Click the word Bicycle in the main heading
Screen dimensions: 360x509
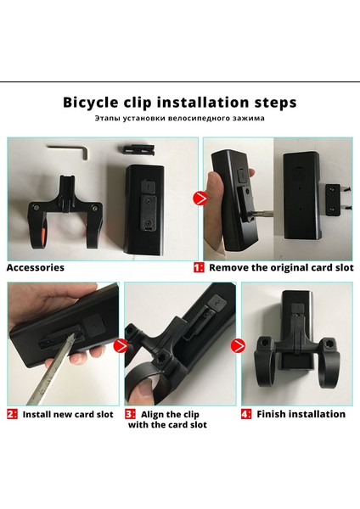(x=91, y=103)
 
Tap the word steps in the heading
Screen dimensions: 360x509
(x=276, y=103)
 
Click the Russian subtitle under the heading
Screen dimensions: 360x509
(x=180, y=118)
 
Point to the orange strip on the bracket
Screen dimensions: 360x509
(x=43, y=237)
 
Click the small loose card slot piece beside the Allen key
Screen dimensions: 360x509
(x=136, y=149)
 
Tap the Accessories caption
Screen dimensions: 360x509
(x=36, y=267)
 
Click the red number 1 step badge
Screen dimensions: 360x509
(x=199, y=267)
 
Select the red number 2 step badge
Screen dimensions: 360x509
(x=13, y=414)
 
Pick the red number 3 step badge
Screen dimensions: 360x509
(x=130, y=414)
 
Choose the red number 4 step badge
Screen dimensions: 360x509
(x=246, y=414)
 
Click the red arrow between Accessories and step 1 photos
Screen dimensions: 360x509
(x=200, y=199)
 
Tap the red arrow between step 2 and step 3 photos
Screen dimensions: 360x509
(x=121, y=345)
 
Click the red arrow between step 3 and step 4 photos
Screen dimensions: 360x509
(x=238, y=345)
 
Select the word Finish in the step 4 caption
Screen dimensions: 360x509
(x=272, y=414)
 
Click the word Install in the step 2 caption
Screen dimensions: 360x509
(x=37, y=415)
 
